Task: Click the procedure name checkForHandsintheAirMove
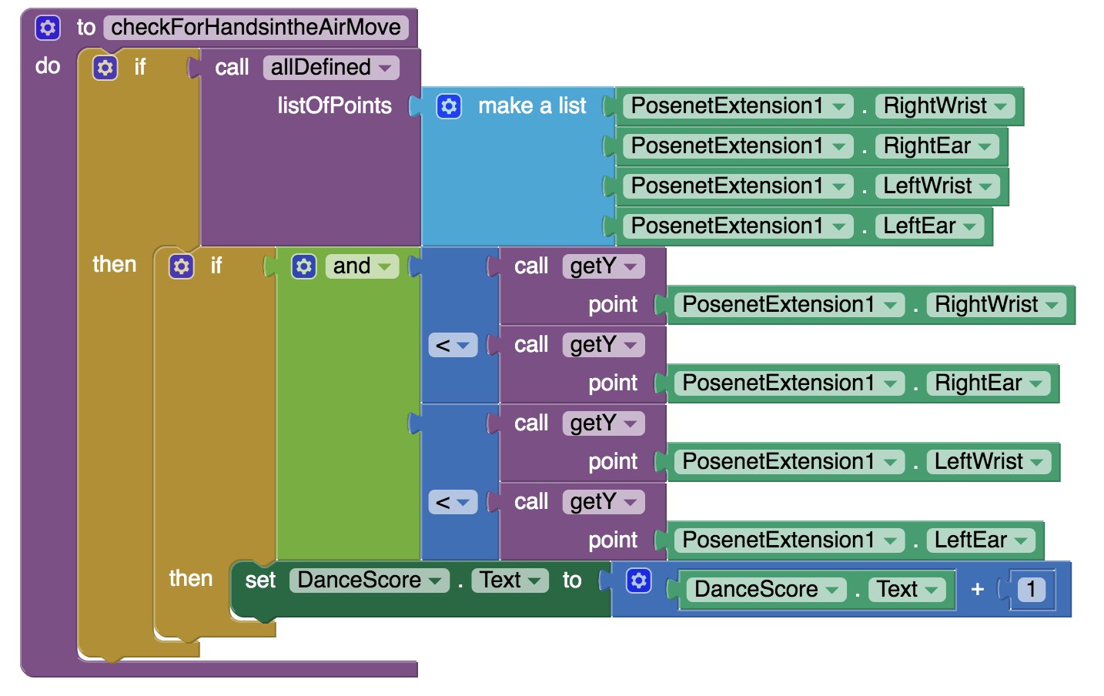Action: click(256, 27)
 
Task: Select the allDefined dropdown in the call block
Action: click(331, 67)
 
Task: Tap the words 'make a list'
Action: click(532, 105)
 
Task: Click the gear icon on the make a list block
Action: click(449, 106)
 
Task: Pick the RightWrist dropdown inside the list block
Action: click(945, 106)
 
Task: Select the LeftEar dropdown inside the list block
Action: click(929, 226)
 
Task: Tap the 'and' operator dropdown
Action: click(362, 266)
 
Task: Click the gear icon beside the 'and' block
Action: click(303, 266)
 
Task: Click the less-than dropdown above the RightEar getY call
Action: click(453, 345)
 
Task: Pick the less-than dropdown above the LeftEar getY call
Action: click(453, 502)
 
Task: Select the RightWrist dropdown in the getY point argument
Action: click(996, 305)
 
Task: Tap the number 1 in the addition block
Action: click(1031, 590)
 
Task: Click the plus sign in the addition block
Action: click(977, 590)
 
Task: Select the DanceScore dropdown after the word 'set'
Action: click(369, 581)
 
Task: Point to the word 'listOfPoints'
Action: click(335, 105)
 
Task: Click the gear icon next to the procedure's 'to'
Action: click(48, 27)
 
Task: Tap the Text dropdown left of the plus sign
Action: click(906, 590)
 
